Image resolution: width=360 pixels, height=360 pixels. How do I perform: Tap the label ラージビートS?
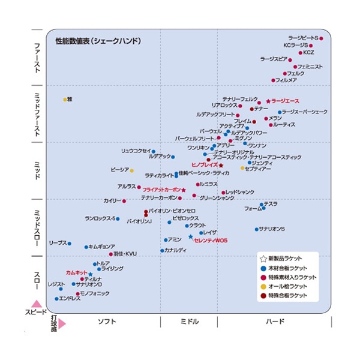303,38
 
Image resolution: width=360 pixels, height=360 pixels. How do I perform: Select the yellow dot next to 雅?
65,99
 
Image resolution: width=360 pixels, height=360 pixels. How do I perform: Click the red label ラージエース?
285,101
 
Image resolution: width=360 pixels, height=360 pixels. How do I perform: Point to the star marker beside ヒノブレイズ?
221,165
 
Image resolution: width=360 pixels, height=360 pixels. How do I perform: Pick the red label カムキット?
76,272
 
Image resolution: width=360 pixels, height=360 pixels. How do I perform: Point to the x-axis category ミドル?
189,322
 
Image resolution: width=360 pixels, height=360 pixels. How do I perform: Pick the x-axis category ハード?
275,322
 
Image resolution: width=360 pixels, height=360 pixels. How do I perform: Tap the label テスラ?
271,203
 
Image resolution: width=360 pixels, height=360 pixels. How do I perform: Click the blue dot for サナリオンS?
256,229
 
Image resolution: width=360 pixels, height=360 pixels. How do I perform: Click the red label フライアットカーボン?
161,190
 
